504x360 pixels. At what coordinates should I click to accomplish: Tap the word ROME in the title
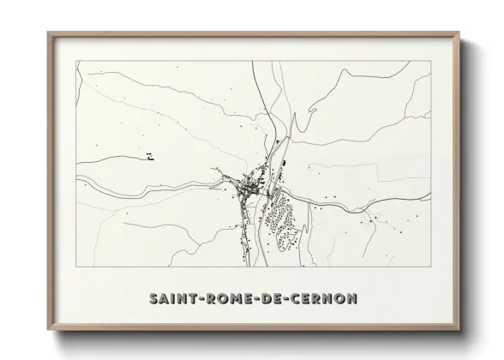tap(220, 299)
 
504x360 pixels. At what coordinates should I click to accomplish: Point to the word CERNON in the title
tap(317, 299)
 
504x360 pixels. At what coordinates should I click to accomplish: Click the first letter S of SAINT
tap(154, 299)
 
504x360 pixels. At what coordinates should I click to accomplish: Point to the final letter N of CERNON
tap(353, 299)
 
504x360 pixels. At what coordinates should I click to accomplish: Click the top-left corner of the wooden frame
tap(48, 33)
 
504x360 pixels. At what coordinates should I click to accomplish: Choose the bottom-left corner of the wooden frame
tap(48, 330)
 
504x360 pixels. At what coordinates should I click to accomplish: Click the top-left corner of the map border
tap(76, 61)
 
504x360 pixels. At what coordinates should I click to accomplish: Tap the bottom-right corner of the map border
tap(430, 267)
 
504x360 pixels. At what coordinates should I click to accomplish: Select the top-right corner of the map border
tap(430, 61)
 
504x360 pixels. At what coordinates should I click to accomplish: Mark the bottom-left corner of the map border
tap(76, 267)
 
